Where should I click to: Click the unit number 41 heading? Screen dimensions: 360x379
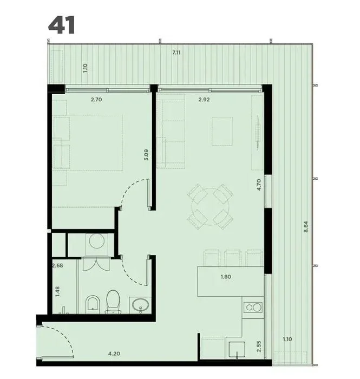tap(62, 25)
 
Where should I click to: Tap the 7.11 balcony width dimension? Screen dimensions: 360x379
tap(176, 53)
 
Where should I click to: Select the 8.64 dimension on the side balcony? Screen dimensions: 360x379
tap(306, 226)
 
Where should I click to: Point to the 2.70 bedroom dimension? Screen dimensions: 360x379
tap(96, 99)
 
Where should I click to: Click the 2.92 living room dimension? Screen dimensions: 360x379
tap(204, 99)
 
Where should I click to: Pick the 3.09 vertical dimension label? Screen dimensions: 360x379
tap(146, 155)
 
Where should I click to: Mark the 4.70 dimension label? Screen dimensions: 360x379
tap(259, 185)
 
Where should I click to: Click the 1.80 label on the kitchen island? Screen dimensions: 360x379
tap(226, 277)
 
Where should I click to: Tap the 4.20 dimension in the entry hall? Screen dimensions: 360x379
tap(114, 354)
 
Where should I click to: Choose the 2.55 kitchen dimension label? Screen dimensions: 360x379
tap(259, 346)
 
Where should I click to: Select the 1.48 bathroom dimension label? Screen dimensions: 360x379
tap(57, 291)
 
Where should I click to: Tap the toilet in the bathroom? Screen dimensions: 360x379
tap(113, 302)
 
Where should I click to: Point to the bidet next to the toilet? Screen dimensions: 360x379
tap(93, 303)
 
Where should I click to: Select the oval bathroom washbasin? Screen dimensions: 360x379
tap(140, 305)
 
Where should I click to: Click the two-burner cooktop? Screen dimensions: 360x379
tap(253, 308)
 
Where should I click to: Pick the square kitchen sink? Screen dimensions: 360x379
tap(237, 349)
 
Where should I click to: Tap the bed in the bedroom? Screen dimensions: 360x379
tap(87, 143)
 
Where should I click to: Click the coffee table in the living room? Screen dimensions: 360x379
tap(222, 131)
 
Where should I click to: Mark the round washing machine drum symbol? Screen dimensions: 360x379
tap(97, 241)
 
